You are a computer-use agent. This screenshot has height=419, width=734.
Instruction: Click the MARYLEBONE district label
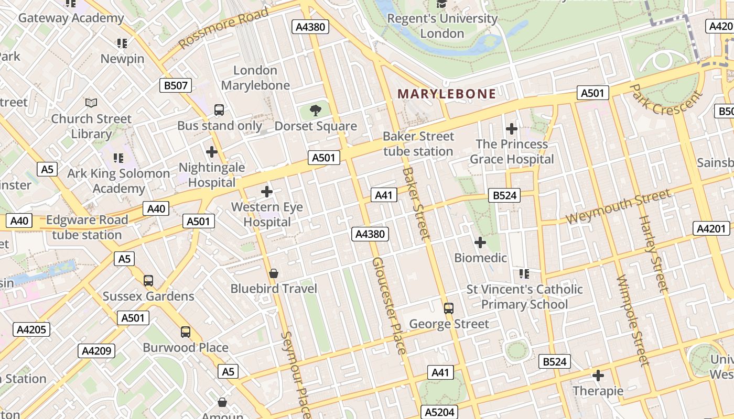pyautogui.click(x=447, y=94)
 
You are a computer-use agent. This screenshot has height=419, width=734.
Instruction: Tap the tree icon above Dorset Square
pyautogui.click(x=315, y=111)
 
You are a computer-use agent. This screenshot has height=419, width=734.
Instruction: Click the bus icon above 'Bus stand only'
pyautogui.click(x=219, y=110)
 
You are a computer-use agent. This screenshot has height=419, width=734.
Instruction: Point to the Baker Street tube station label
pyautogui.click(x=418, y=144)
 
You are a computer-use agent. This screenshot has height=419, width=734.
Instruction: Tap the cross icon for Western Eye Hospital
pyautogui.click(x=267, y=192)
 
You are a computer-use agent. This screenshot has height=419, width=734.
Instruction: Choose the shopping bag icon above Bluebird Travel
pyautogui.click(x=273, y=273)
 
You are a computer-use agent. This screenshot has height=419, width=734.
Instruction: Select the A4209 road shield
pyautogui.click(x=96, y=350)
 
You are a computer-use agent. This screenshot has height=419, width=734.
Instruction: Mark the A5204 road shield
pyautogui.click(x=439, y=412)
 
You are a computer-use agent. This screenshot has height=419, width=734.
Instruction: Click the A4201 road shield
pyautogui.click(x=711, y=228)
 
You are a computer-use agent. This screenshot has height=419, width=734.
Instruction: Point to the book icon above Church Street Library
pyautogui.click(x=91, y=103)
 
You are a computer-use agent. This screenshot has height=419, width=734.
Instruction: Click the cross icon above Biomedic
pyautogui.click(x=480, y=242)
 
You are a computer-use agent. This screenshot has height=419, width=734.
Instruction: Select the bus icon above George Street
pyautogui.click(x=448, y=308)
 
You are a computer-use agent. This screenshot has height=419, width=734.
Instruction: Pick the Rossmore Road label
pyautogui.click(x=224, y=28)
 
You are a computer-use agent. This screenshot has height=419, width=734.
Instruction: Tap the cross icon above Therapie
pyautogui.click(x=598, y=376)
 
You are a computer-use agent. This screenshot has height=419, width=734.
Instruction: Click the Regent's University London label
pyautogui.click(x=442, y=26)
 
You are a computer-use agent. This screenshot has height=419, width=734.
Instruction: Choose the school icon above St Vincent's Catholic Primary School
pyautogui.click(x=524, y=273)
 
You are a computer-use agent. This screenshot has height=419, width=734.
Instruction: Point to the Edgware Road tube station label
pyautogui.click(x=87, y=227)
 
